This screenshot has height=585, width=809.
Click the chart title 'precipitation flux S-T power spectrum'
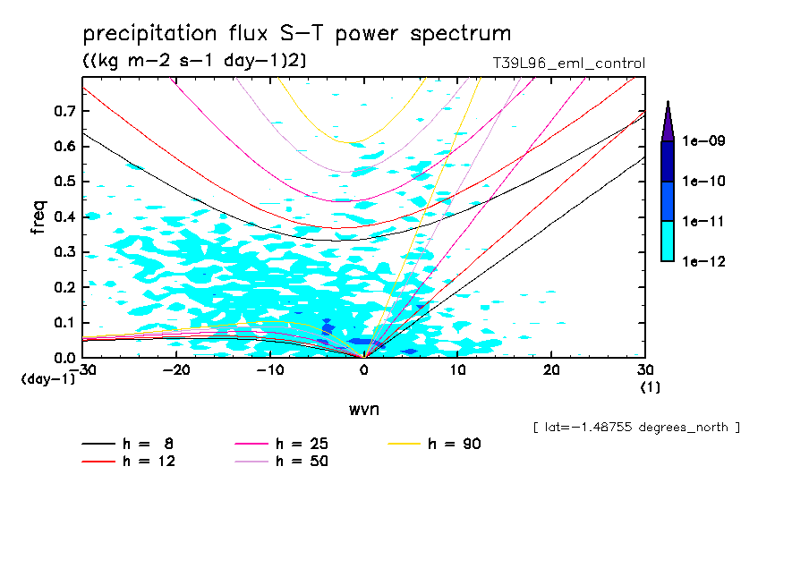297,34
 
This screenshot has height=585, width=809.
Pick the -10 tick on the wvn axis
270,369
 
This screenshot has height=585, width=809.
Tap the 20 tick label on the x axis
552,369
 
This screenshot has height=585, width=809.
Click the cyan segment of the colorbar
668,241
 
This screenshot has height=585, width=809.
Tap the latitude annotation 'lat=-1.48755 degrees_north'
636,428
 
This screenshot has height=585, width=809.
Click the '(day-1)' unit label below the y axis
50,379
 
